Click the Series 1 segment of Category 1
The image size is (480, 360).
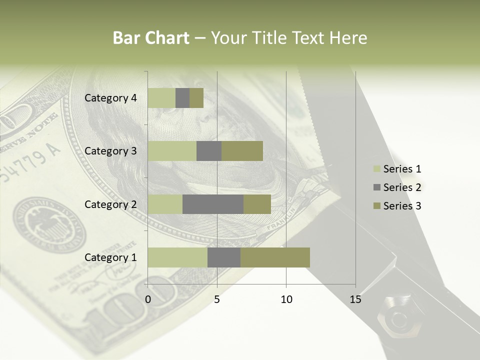[177, 257]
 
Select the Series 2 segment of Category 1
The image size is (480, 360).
[224, 257]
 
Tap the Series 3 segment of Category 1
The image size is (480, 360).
[275, 257]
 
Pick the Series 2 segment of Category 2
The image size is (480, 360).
[213, 204]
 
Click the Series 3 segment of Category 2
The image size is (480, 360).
[257, 204]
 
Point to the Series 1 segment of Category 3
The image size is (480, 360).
[172, 151]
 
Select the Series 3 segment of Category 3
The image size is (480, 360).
[242, 151]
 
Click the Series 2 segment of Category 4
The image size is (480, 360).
[182, 98]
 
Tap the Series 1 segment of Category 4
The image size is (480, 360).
[161, 98]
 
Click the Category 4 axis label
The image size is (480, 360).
[110, 98]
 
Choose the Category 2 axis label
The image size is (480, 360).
[110, 204]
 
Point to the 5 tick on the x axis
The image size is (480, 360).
[217, 299]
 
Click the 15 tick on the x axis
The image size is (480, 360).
[355, 299]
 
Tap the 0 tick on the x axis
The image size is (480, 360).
[148, 299]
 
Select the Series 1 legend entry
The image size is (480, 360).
[402, 169]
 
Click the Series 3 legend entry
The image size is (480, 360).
[402, 206]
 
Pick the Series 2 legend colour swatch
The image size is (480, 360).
[377, 187]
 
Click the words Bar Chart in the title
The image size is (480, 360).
[151, 38]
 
